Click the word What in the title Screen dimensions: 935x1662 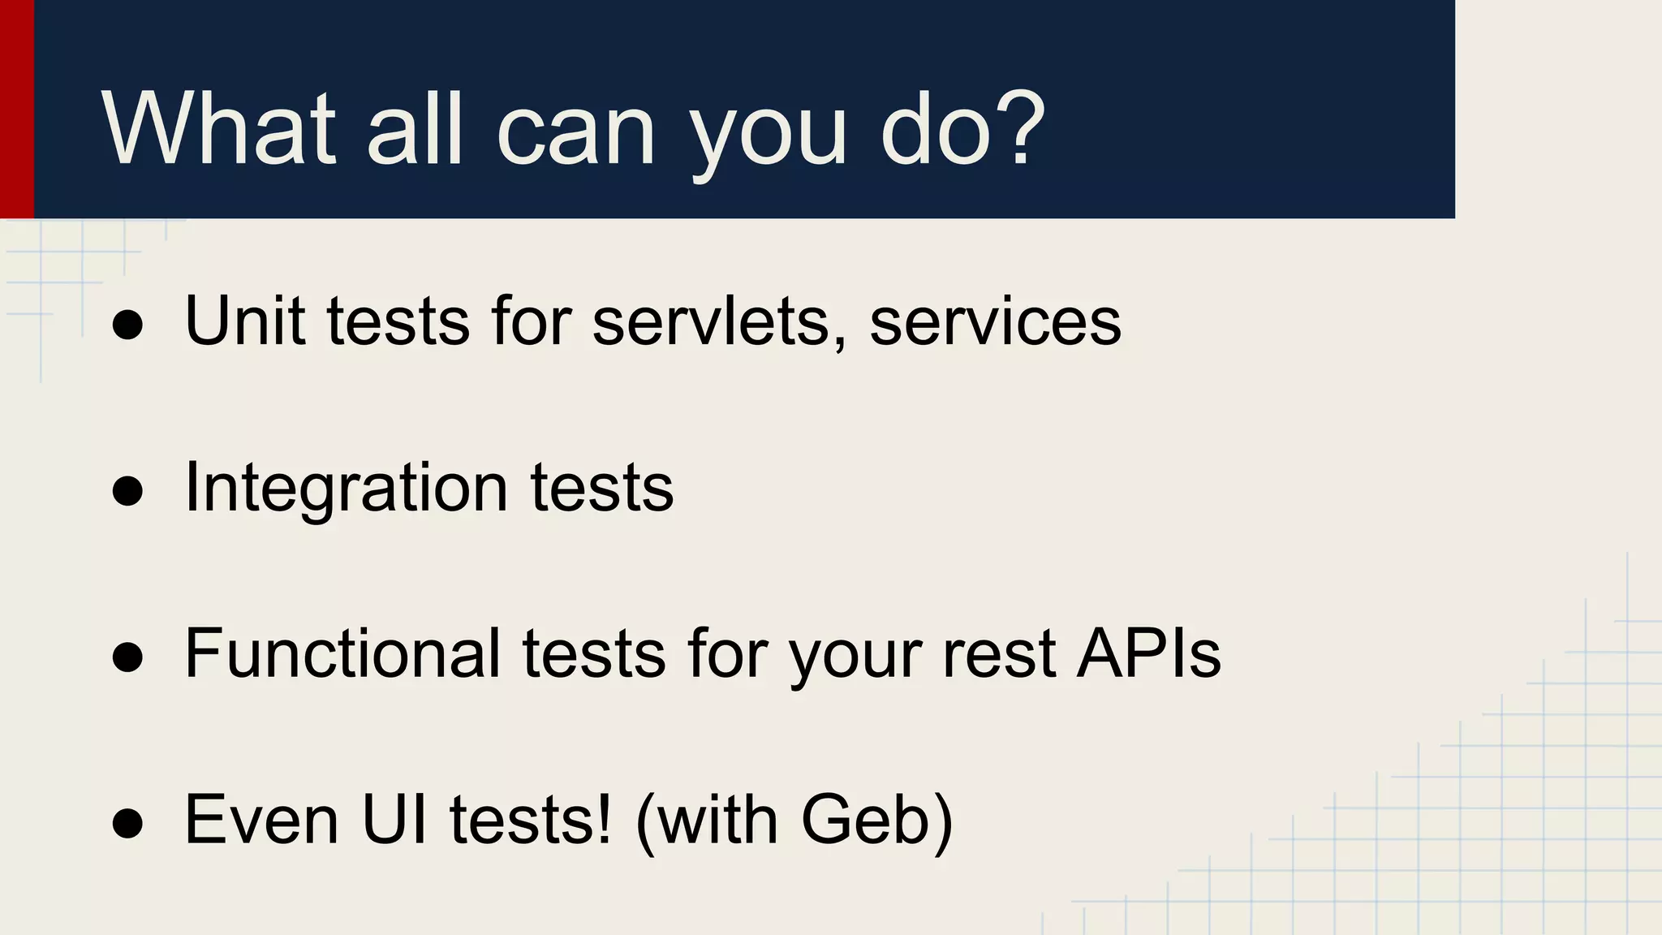[x=217, y=130]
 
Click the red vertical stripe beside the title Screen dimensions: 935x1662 [x=16, y=109]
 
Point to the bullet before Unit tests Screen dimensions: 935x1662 [x=127, y=325]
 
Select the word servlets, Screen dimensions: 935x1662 [x=719, y=322]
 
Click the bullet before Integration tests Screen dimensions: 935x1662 [x=127, y=491]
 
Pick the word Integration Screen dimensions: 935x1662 [x=346, y=489]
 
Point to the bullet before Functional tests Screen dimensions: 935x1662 [x=127, y=657]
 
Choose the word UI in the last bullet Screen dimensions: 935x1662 [x=394, y=819]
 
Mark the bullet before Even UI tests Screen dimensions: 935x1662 [x=127, y=823]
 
